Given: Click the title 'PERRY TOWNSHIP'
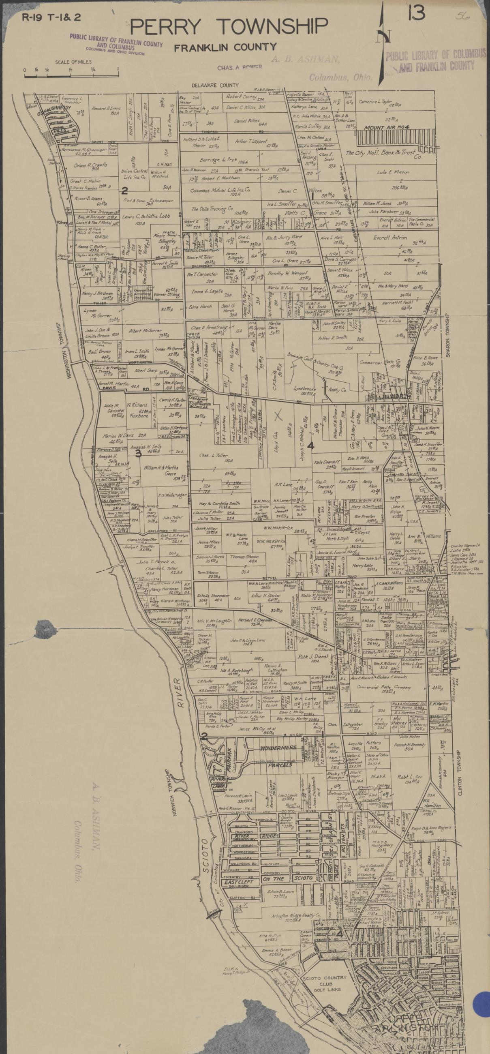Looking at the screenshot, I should (229, 27).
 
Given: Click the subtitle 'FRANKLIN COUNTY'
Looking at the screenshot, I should (225, 47).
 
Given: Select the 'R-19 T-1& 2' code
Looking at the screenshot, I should (51, 17).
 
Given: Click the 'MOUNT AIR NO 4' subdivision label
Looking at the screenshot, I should (388, 127).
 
